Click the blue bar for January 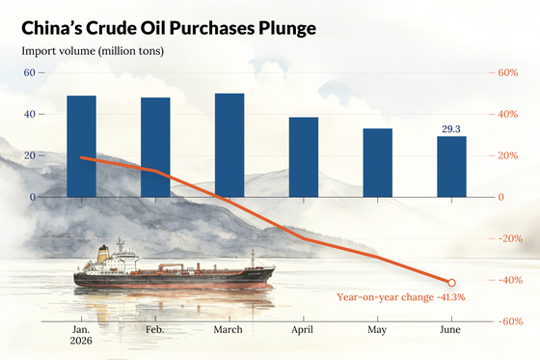click(x=81, y=147)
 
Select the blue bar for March click(x=229, y=145)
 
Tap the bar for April click(x=304, y=157)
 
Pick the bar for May click(x=377, y=163)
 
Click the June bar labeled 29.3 click(x=451, y=167)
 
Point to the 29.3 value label click(x=451, y=129)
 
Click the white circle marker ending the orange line click(x=451, y=283)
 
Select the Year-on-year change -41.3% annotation click(x=401, y=297)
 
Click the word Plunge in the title click(x=287, y=28)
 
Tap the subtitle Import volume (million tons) click(x=93, y=51)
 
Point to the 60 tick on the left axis click(x=30, y=72)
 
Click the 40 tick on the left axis click(x=30, y=114)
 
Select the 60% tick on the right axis click(x=508, y=72)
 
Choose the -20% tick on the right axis click(x=510, y=238)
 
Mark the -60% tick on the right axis click(x=510, y=321)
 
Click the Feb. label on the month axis click(x=155, y=330)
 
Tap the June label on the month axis click(x=450, y=330)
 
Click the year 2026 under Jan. click(x=81, y=341)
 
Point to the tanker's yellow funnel click(x=102, y=255)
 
